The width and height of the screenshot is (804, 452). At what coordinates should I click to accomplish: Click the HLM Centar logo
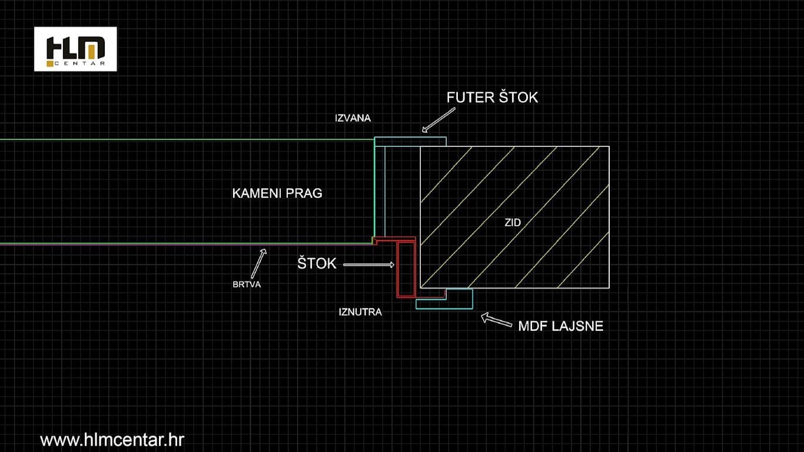click(x=75, y=49)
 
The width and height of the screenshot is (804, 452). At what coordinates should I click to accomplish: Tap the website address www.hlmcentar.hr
click(x=112, y=440)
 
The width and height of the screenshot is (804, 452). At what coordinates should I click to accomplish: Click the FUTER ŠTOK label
click(x=492, y=98)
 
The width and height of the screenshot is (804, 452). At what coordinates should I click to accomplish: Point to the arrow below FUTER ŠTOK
click(x=438, y=120)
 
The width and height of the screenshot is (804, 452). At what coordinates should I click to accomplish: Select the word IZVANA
click(x=353, y=118)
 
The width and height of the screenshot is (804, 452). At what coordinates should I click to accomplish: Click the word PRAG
click(x=305, y=193)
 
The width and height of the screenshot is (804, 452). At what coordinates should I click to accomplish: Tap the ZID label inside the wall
click(x=513, y=223)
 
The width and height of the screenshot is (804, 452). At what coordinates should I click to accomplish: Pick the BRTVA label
click(x=247, y=284)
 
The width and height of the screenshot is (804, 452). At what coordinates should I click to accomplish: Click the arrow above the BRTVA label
click(x=259, y=263)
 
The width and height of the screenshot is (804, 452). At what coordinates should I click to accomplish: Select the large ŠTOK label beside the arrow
click(x=317, y=263)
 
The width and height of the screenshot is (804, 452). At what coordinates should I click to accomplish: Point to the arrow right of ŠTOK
click(x=368, y=265)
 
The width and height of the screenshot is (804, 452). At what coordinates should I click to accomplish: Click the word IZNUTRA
click(x=360, y=312)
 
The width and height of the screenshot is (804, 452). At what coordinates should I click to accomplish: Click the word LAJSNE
click(x=577, y=326)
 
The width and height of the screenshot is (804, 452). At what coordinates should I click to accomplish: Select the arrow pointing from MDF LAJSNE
click(x=497, y=320)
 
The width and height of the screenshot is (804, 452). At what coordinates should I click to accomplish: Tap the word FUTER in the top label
click(x=470, y=98)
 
